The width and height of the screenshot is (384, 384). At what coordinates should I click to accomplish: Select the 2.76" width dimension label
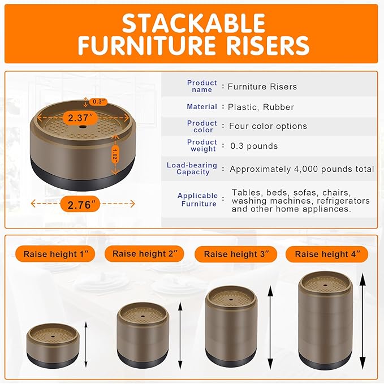pos(80,205)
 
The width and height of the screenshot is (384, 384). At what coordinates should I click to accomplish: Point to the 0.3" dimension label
pos(98,102)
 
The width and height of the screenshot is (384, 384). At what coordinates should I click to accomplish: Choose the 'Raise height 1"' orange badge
pos(55,253)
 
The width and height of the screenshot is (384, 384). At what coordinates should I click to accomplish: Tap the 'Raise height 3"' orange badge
pos(237,254)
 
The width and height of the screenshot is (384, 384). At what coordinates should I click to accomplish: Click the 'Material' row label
pos(202,106)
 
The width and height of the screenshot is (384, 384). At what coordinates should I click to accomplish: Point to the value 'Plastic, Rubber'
pos(261,106)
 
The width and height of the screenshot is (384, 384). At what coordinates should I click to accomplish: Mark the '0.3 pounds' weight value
pos(254,146)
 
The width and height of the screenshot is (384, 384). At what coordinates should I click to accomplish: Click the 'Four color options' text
pos(268,126)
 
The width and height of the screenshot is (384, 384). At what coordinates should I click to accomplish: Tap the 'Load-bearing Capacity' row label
pos(192,169)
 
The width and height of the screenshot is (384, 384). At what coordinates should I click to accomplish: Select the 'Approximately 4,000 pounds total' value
pos(301,169)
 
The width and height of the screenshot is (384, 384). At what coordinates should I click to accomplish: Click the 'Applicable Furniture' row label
pos(197,200)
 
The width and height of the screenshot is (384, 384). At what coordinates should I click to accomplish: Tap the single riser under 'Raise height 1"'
pos(52,345)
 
